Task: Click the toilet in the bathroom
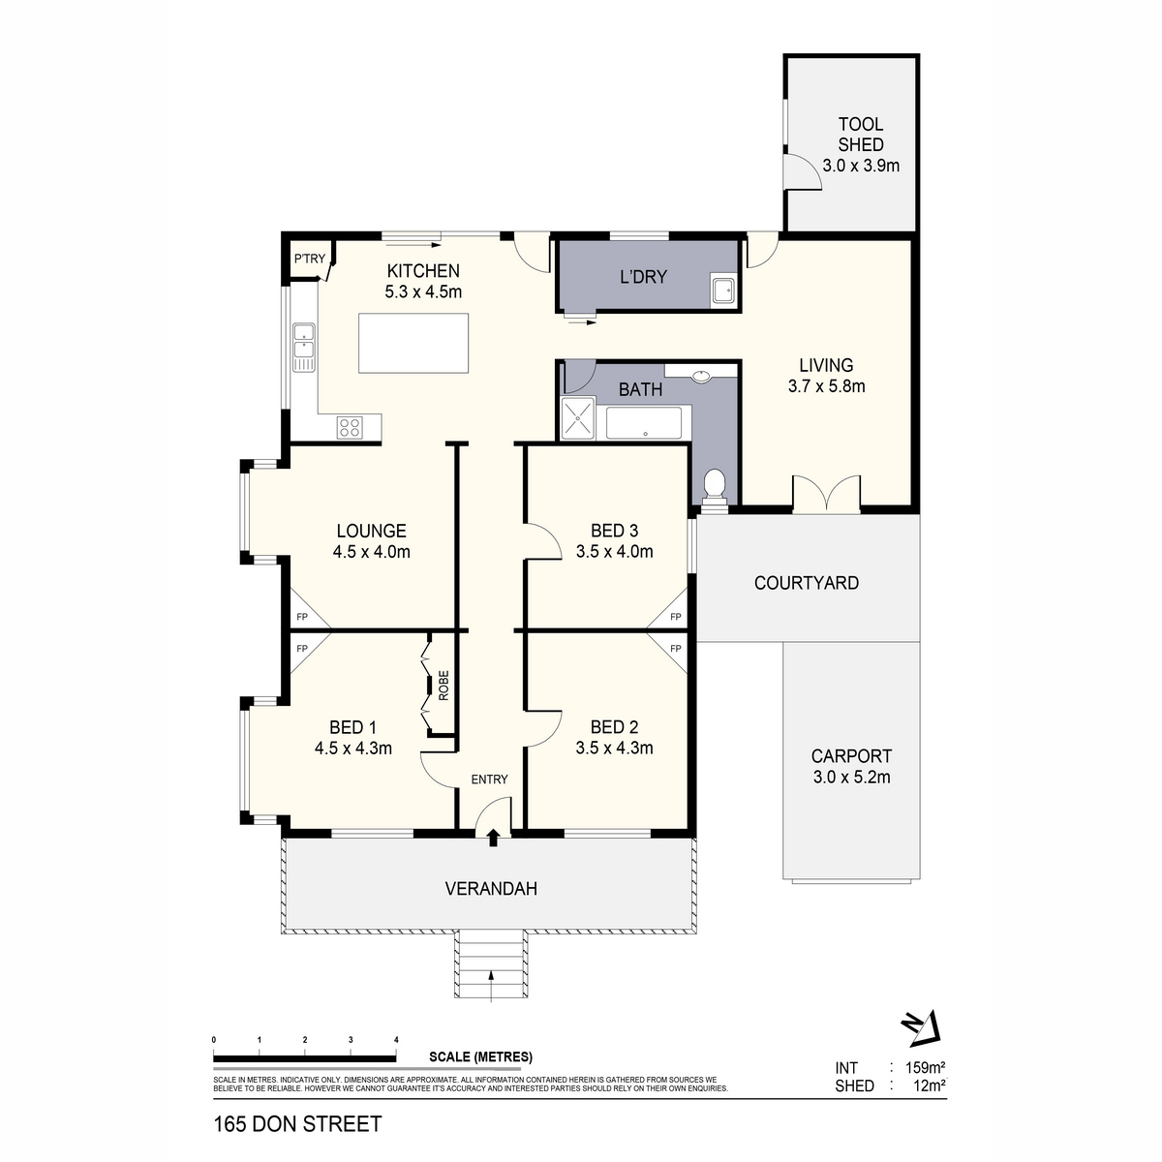(715, 483)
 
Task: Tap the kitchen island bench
(414, 343)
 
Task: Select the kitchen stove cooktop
(350, 426)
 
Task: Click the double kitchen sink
(304, 346)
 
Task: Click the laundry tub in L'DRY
(721, 290)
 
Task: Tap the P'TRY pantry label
(310, 259)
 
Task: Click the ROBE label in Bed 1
(443, 685)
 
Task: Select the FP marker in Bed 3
(675, 617)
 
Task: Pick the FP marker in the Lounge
(301, 617)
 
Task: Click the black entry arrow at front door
(494, 837)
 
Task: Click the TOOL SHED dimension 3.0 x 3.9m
(861, 166)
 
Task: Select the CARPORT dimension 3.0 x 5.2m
(851, 777)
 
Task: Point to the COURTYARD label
(806, 583)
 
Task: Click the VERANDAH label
(491, 888)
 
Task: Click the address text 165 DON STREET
(297, 1124)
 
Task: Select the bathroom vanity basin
(701, 375)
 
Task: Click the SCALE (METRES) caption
(480, 1057)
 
